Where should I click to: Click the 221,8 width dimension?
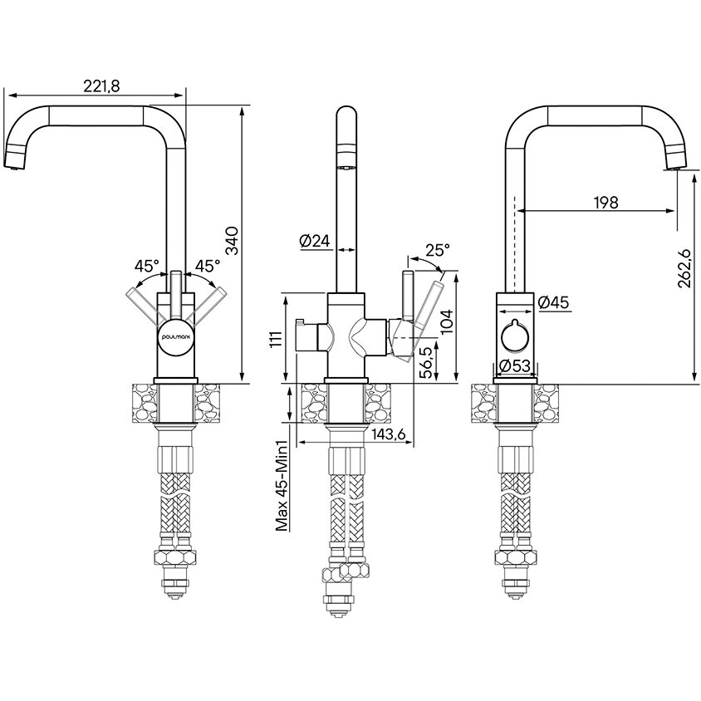click(x=103, y=85)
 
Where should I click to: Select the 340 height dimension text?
click(x=233, y=241)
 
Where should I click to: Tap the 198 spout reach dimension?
click(x=606, y=202)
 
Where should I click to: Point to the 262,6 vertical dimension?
click(x=684, y=268)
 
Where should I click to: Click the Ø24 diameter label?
click(x=315, y=242)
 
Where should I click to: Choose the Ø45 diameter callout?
click(x=553, y=304)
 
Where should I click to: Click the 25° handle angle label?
click(x=437, y=250)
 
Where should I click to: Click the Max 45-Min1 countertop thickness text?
click(x=282, y=486)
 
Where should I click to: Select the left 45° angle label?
click(x=146, y=267)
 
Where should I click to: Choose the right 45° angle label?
click(x=207, y=267)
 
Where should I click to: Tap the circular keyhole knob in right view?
click(x=517, y=336)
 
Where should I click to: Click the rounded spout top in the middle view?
click(x=346, y=116)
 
